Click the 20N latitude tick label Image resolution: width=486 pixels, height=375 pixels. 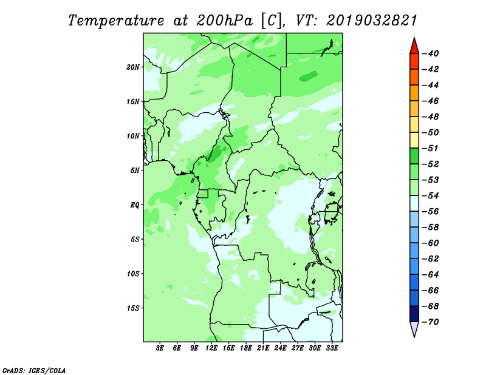tap(133, 67)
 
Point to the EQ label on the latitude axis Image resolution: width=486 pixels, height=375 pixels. tap(135, 205)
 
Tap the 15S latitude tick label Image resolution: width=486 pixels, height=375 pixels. tap(133, 308)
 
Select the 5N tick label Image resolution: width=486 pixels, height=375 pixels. tap(135, 171)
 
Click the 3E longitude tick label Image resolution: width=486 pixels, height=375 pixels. tap(160, 348)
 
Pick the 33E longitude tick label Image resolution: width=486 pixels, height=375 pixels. tap(332, 348)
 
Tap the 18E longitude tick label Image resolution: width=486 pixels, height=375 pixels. tap(246, 348)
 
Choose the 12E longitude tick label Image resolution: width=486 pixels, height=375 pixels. tap(211, 348)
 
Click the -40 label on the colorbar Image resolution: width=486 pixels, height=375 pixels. tap(430, 53)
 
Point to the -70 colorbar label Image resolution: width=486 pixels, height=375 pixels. tap(430, 322)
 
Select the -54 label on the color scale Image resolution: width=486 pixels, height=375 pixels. tap(430, 196)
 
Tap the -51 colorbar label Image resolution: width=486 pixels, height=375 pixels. tap(430, 148)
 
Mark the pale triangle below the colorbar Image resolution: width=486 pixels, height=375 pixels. tap(414, 328)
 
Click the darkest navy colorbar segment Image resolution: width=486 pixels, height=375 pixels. tap(414, 314)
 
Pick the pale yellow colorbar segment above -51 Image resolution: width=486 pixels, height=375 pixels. tap(414, 140)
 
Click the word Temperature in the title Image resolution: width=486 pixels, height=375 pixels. tap(116, 21)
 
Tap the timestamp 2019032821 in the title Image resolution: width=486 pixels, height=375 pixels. tap(372, 21)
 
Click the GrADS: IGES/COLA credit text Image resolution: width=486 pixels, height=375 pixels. tap(34, 370)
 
